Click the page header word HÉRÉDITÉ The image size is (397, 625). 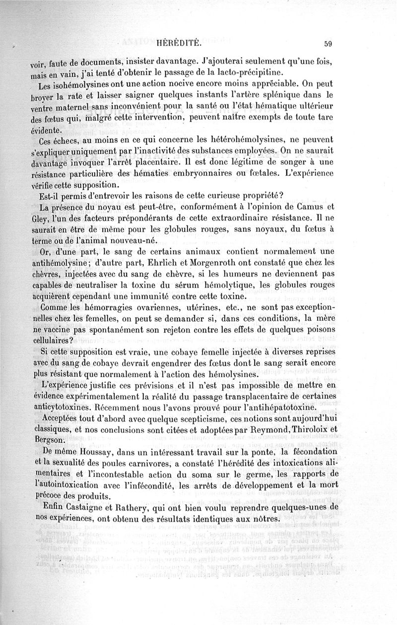pos(178,43)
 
